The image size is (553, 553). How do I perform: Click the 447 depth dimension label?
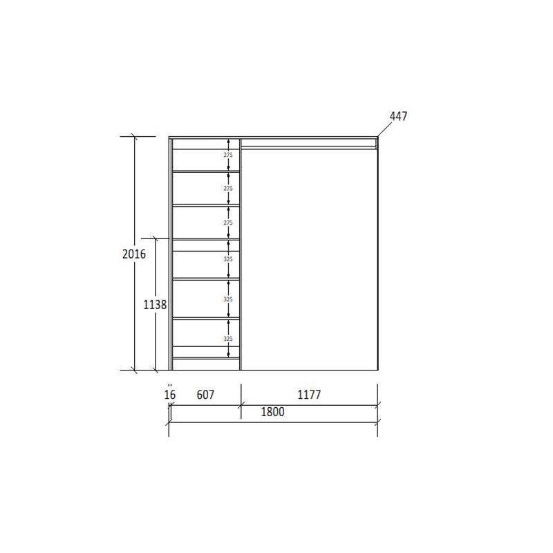[x=398, y=116]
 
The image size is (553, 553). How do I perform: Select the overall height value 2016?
[x=134, y=254]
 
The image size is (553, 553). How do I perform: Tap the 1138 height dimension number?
[x=155, y=304]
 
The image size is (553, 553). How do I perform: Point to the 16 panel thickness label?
[x=169, y=394]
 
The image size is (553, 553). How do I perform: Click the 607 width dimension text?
[x=205, y=394]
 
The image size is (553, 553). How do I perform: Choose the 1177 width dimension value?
[x=309, y=394]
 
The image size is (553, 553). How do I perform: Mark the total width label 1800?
[x=272, y=411]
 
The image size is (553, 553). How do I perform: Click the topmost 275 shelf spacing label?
[x=228, y=155]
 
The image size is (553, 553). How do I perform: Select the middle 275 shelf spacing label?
[x=228, y=189]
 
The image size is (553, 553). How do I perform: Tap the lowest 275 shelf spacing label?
[x=228, y=223]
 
